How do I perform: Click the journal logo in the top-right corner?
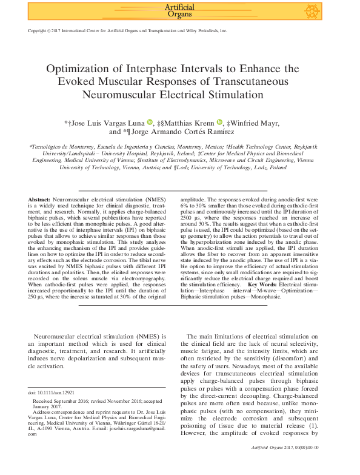click(312, 11)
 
